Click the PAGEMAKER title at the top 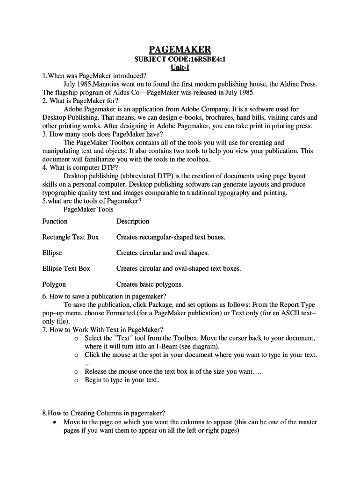tap(180, 50)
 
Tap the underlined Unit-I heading tap(180, 68)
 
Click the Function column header tap(55, 221)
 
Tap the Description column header tap(133, 221)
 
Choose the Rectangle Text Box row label tap(71, 237)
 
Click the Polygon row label tap(54, 284)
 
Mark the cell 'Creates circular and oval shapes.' tap(162, 253)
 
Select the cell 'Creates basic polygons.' tap(150, 284)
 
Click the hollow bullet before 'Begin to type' tap(76, 380)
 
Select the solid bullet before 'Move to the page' tap(56, 422)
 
